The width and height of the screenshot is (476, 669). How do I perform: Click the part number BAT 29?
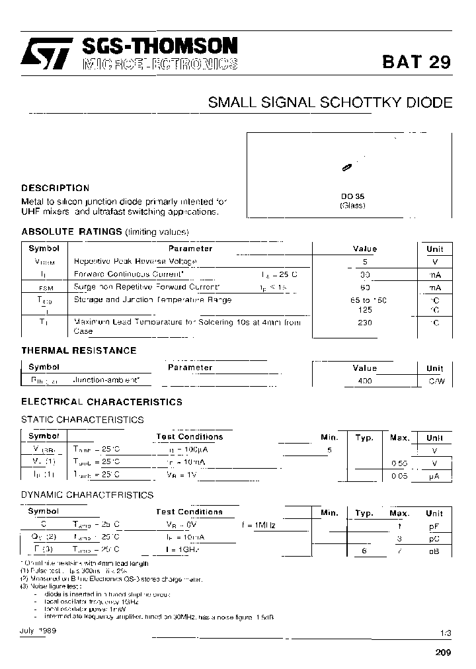click(x=416, y=62)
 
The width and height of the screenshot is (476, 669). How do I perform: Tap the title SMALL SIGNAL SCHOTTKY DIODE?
click(x=330, y=102)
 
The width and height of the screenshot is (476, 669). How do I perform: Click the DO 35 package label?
click(x=352, y=196)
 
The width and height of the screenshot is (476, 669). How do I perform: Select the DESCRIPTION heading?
click(x=56, y=188)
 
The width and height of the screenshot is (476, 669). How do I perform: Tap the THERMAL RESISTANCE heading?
click(x=79, y=350)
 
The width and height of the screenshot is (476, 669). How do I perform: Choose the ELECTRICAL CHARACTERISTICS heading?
click(x=102, y=402)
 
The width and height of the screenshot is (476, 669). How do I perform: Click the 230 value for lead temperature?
click(x=364, y=323)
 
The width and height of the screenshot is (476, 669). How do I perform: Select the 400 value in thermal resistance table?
click(x=364, y=381)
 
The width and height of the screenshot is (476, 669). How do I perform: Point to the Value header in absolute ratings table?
click(x=364, y=249)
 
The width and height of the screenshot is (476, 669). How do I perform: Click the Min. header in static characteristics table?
click(x=329, y=438)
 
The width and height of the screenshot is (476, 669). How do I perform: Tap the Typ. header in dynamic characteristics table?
click(x=364, y=513)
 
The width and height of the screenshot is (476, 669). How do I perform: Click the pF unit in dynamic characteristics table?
click(x=434, y=526)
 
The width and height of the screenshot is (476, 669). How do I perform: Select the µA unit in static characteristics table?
click(x=434, y=475)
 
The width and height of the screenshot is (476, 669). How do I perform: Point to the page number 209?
click(x=443, y=652)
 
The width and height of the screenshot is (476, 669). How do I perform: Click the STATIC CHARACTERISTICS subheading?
click(x=83, y=420)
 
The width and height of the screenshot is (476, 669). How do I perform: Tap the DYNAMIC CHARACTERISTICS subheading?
click(x=87, y=494)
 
